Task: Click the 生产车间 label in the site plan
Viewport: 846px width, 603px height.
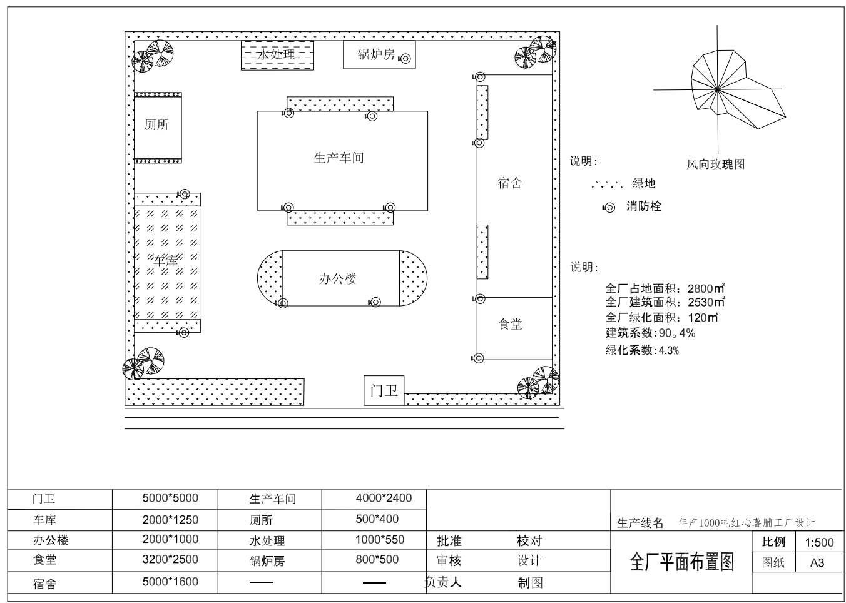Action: coord(339,158)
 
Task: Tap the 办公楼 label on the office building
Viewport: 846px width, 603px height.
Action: coord(338,279)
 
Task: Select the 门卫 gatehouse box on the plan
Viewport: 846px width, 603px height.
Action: coord(384,390)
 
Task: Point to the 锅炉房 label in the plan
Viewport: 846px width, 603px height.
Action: coord(376,54)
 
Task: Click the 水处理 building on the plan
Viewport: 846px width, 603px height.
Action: coord(277,55)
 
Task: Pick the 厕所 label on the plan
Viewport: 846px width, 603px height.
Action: coord(156,124)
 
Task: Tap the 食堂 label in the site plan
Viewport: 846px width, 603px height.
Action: coord(510,324)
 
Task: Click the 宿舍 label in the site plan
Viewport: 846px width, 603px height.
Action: coord(510,183)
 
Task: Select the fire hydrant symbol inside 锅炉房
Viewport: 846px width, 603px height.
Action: coord(405,59)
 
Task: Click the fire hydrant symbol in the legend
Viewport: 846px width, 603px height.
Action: coord(609,208)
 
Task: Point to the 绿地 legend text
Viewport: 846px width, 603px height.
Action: coord(644,183)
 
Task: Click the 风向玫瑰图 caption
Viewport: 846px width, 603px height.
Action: coord(715,164)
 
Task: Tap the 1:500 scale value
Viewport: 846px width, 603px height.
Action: coord(819,542)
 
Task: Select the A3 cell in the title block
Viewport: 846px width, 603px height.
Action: coord(817,563)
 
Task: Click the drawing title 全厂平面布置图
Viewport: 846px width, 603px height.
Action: coord(681,562)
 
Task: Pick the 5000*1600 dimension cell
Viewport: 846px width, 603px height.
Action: coord(170,582)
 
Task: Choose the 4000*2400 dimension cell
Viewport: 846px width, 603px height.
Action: coord(384,498)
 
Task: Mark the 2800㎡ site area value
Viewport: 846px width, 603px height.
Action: coord(706,288)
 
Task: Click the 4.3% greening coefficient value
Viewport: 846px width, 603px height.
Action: coord(668,350)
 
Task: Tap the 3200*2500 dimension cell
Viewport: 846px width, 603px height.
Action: coord(170,559)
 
